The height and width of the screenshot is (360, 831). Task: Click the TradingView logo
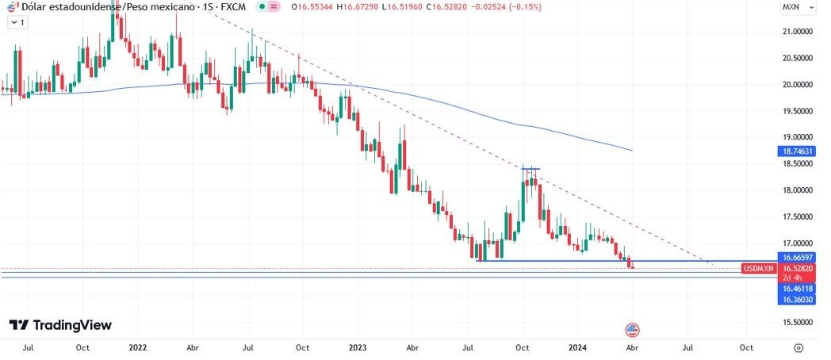click(x=60, y=325)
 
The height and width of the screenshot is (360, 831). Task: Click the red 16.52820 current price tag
click(x=797, y=269)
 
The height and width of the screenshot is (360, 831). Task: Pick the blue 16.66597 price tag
click(x=797, y=258)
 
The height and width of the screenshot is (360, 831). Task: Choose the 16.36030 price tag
click(x=797, y=300)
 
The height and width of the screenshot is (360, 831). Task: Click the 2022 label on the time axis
click(x=137, y=347)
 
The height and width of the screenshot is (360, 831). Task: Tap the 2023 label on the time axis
click(x=357, y=347)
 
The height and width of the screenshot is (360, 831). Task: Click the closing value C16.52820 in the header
click(x=449, y=6)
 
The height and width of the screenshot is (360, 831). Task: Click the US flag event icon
click(x=632, y=329)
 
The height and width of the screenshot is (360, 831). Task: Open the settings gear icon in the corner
click(x=798, y=347)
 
